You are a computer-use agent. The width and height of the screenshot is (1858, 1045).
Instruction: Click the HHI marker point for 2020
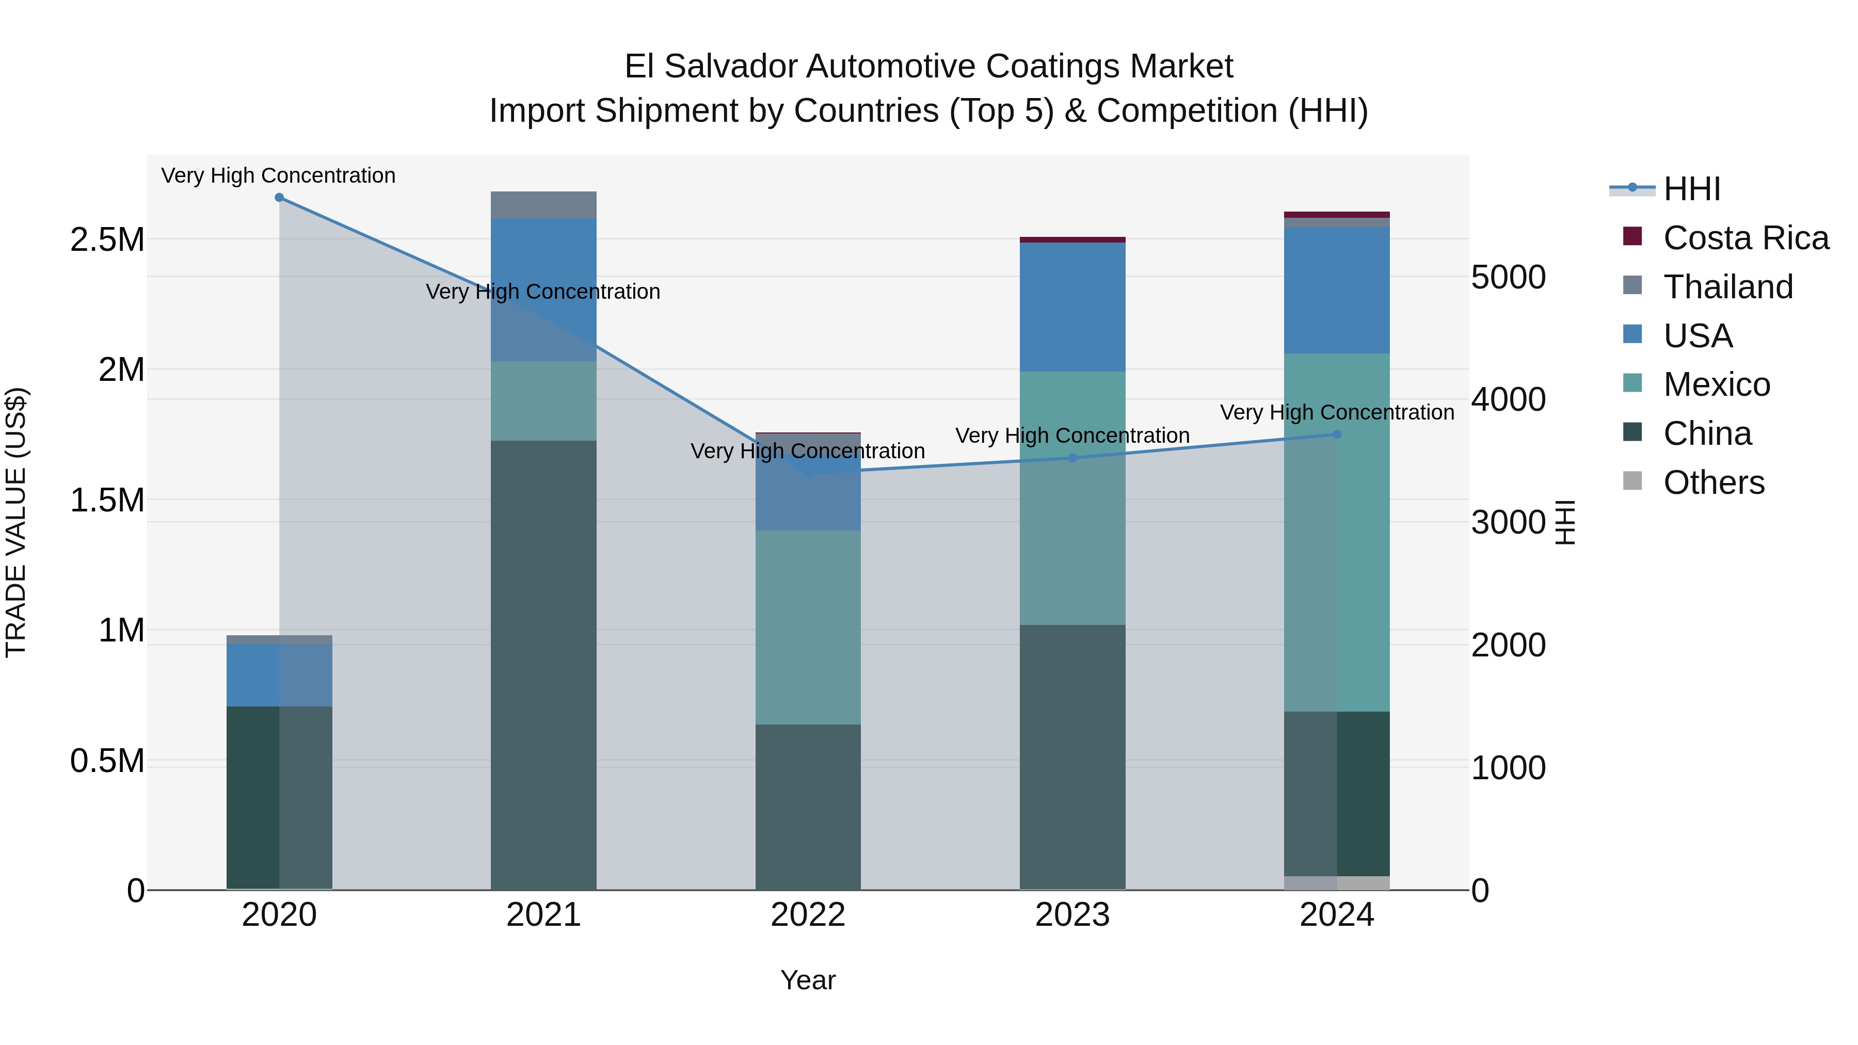pos(279,198)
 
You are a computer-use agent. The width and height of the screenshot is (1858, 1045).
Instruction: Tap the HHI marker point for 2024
pos(1337,434)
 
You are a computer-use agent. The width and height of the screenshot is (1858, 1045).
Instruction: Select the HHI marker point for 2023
pos(1072,458)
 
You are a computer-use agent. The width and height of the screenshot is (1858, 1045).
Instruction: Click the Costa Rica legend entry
pos(1745,238)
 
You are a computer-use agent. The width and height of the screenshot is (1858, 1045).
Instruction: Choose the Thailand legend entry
pos(1727,287)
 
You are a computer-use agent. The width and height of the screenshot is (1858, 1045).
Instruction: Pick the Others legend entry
pos(1713,483)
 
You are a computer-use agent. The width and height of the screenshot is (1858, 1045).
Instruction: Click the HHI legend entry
pos(1691,189)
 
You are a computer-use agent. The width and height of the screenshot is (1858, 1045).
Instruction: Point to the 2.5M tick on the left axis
pos(107,239)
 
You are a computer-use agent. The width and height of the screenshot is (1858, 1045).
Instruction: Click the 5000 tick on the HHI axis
pos(1508,277)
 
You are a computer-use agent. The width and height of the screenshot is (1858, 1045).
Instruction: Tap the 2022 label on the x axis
pos(808,915)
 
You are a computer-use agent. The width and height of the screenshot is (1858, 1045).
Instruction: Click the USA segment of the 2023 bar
pos(1072,307)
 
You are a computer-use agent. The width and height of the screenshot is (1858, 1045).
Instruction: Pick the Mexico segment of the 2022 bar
pos(808,628)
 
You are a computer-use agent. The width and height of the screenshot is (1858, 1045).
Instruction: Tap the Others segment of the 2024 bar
pos(1337,883)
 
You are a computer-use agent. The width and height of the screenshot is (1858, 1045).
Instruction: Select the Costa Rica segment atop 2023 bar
pos(1072,239)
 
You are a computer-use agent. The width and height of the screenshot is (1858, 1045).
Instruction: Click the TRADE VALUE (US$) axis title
pos(16,522)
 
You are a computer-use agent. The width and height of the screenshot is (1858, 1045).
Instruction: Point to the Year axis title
pos(808,980)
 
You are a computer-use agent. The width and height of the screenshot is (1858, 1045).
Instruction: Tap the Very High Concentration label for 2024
pos(1337,412)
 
